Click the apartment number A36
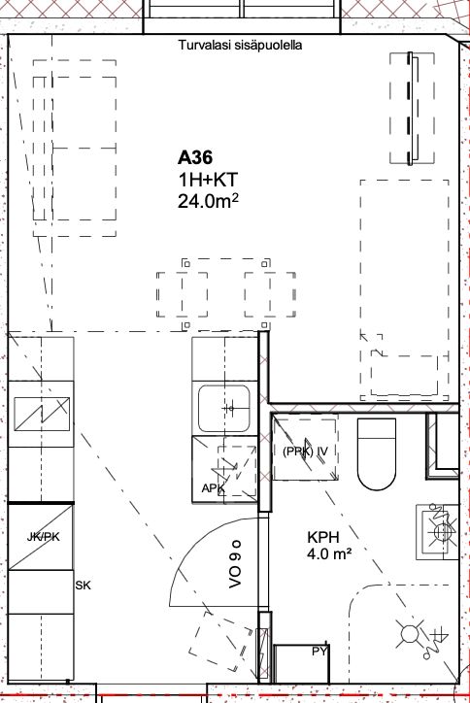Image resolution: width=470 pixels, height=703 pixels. [195, 158]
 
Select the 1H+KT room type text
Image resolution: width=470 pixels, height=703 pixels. [208, 180]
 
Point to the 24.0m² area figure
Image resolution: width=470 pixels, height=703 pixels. [208, 201]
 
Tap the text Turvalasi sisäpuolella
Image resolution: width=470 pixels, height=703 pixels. [240, 45]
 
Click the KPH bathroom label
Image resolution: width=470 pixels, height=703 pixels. [323, 537]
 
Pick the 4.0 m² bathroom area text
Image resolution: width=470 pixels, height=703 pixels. [329, 554]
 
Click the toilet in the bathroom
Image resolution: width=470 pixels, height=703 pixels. [377, 453]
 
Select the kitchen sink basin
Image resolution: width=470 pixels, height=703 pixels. [224, 409]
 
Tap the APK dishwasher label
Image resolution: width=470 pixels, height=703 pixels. [213, 487]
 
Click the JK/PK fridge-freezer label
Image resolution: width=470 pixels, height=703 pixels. [43, 536]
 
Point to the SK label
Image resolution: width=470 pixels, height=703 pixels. [83, 586]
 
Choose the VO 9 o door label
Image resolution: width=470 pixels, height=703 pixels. [235, 563]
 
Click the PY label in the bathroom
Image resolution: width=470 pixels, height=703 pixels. [319, 651]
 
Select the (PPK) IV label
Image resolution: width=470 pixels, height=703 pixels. [305, 452]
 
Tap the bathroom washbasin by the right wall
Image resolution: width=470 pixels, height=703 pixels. [437, 532]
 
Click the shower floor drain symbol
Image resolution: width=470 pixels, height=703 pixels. [409, 633]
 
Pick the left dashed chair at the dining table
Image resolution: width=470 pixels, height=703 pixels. [183, 294]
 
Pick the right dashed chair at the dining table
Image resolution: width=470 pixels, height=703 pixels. [270, 294]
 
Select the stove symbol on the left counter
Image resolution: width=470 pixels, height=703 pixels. [42, 414]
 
